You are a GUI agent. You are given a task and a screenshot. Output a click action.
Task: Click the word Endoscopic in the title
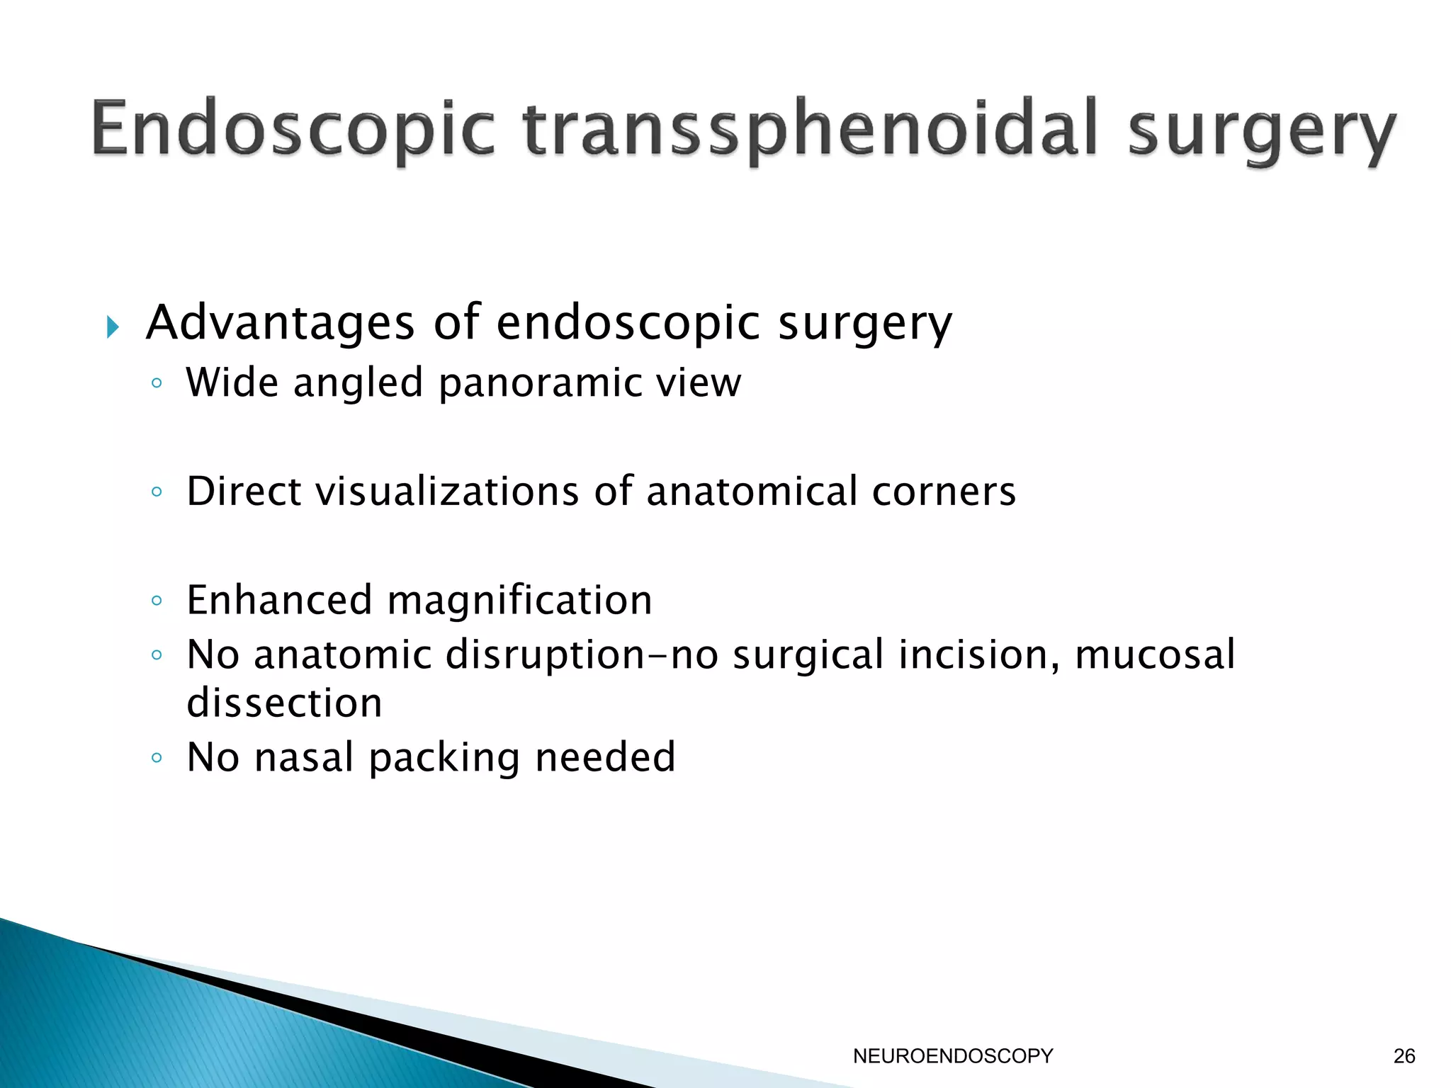tap(293, 131)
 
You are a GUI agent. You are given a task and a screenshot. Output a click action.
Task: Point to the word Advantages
tap(281, 323)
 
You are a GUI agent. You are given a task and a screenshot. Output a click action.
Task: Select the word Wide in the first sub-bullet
tap(232, 382)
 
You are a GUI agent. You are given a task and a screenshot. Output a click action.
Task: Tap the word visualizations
tap(447, 491)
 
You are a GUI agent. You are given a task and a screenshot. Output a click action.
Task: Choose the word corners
tap(944, 492)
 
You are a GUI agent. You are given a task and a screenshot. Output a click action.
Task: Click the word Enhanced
tap(279, 600)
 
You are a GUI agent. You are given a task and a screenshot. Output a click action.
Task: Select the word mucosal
tap(1155, 654)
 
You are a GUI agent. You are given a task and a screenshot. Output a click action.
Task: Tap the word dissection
tap(284, 703)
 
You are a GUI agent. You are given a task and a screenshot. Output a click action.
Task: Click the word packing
tap(445, 759)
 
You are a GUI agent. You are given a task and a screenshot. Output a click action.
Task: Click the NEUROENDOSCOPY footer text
tap(953, 1056)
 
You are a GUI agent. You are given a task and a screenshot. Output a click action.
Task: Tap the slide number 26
tap(1404, 1056)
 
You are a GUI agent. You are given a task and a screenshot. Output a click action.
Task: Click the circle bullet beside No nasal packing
tap(157, 758)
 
